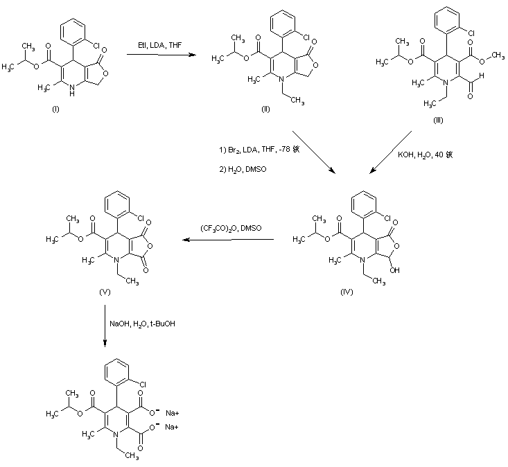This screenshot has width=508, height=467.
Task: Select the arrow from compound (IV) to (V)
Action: [228, 240]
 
